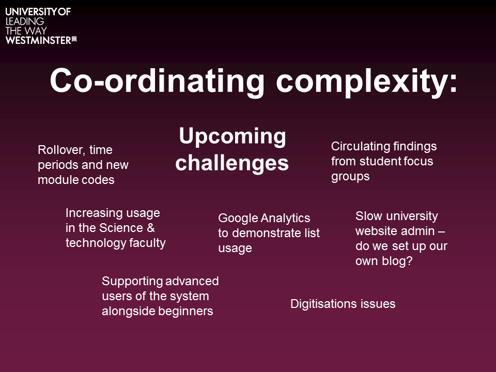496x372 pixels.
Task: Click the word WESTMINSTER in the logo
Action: pos(38,40)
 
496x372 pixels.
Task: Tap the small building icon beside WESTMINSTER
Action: pos(74,39)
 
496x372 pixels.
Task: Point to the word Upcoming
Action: pos(233,136)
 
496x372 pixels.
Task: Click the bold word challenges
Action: pos(232,163)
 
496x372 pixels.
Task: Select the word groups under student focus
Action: pos(350,177)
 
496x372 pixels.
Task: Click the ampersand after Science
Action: pos(150,228)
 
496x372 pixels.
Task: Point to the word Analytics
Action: pos(285,218)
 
